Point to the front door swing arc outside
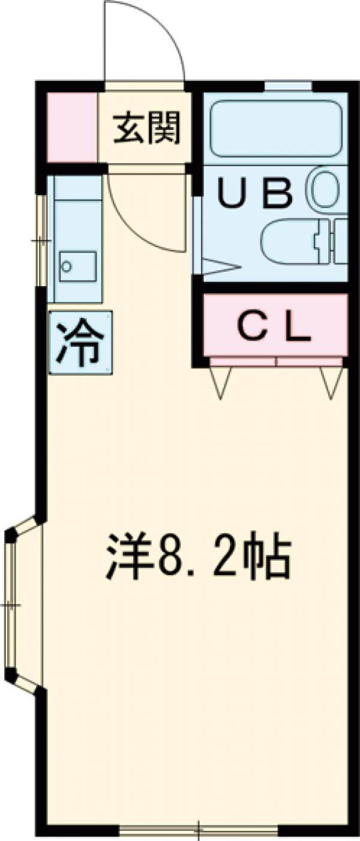click(x=144, y=42)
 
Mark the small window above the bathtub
click(x=288, y=86)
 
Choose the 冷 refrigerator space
click(x=79, y=343)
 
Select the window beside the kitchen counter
click(x=41, y=240)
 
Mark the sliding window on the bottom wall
click(x=198, y=831)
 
